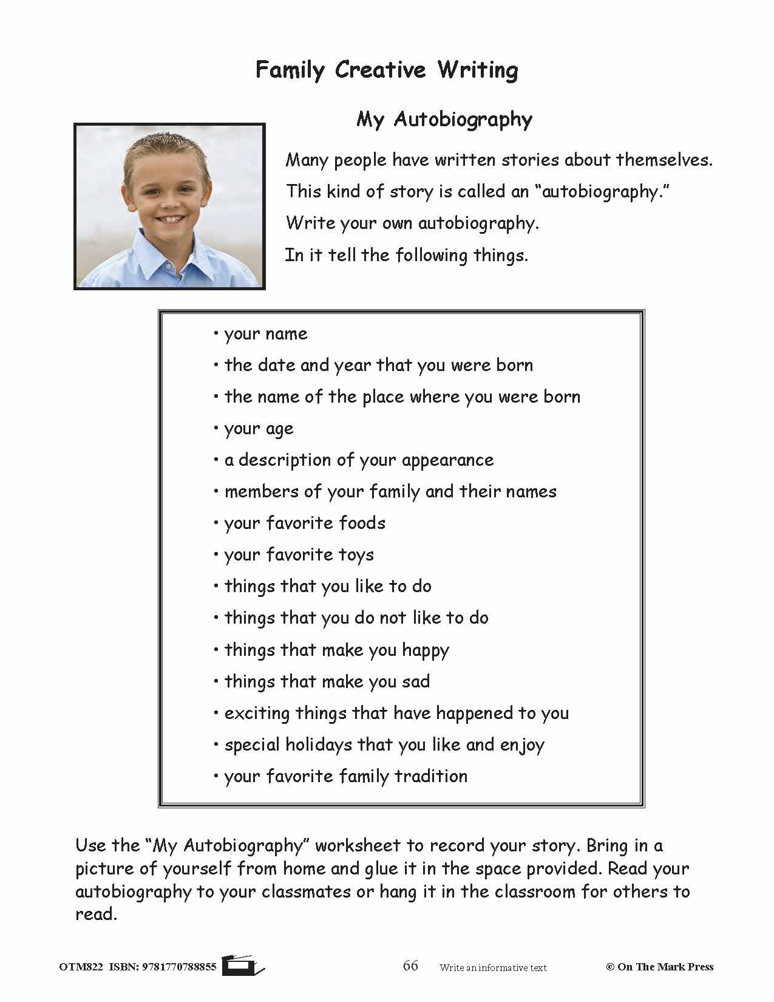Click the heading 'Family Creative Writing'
tap(387, 70)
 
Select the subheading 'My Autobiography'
tap(444, 119)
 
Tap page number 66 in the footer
tap(410, 966)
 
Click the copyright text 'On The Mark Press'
tap(665, 967)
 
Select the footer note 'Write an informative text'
tap(493, 967)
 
